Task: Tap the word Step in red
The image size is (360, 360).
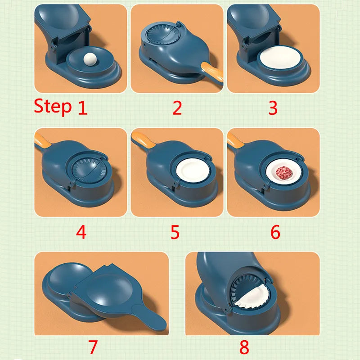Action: (53, 106)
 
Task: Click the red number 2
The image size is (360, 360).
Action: (177, 108)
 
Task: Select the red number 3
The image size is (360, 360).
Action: (273, 108)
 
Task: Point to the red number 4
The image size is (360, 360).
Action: (81, 232)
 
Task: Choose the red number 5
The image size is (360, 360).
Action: (175, 232)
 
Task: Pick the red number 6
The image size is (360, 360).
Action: (275, 232)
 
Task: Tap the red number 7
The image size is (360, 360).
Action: (93, 346)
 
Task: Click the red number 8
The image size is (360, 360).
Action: (244, 346)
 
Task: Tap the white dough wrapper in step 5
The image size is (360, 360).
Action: (193, 171)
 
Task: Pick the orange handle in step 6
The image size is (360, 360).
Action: (235, 140)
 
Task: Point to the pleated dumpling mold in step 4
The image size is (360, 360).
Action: (89, 171)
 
